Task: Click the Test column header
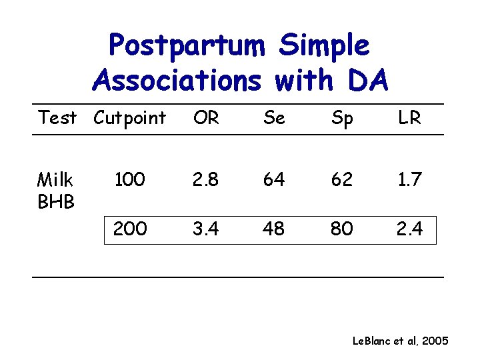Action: [x=57, y=118]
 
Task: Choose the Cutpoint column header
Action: [x=129, y=118]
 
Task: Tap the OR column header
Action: [x=206, y=118]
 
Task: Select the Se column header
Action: [x=274, y=118]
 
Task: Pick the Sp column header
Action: [x=342, y=119]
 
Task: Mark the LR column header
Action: [x=409, y=118]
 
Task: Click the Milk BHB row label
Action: [x=55, y=189]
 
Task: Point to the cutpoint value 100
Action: [x=130, y=179]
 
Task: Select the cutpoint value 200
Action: [x=130, y=229]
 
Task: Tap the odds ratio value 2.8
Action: [x=206, y=179]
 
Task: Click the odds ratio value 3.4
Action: [x=206, y=229]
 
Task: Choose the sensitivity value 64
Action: [x=274, y=179]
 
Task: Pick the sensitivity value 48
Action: [x=274, y=229]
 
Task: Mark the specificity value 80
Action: [x=342, y=229]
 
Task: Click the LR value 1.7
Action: [x=409, y=179]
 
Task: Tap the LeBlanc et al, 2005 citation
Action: [x=400, y=341]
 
